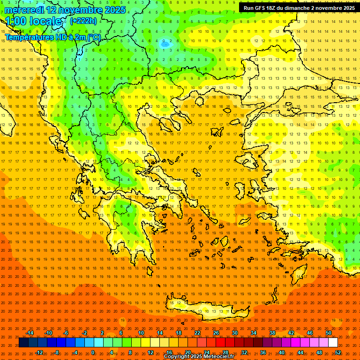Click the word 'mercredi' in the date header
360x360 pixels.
[24, 10]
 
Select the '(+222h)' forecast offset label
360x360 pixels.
[83, 21]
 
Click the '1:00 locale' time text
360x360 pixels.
[35, 22]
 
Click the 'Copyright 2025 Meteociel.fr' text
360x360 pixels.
[199, 357]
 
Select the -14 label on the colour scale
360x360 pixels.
[29, 333]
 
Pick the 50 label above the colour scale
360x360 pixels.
[329, 333]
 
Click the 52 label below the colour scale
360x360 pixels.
[338, 352]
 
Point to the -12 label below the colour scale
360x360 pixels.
[38, 352]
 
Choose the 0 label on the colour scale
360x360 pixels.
[93, 352]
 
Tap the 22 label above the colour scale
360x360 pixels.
[197, 333]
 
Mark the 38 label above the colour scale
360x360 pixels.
[272, 333]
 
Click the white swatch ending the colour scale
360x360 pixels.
[333, 343]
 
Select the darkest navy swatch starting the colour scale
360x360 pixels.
[24, 343]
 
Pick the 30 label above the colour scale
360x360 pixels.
[235, 333]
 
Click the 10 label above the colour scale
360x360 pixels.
[141, 333]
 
